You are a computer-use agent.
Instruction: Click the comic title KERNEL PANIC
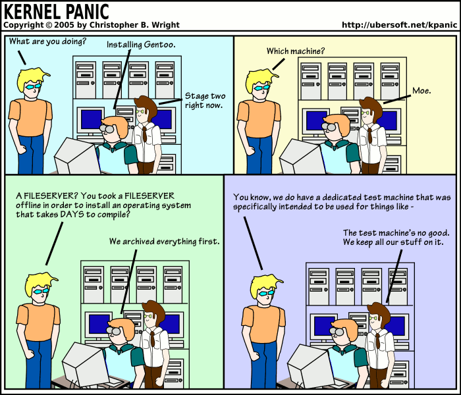pos(57,11)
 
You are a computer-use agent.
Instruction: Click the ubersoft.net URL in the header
pos(399,25)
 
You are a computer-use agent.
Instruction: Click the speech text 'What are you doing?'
pos(47,41)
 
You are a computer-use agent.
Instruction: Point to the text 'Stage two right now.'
pos(203,100)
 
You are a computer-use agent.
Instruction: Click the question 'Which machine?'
pos(295,51)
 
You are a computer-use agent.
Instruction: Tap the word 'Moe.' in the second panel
pos(421,90)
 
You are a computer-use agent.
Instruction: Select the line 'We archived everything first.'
pos(164,242)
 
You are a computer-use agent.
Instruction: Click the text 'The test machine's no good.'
pos(396,233)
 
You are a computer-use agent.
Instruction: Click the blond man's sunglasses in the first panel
pos(33,86)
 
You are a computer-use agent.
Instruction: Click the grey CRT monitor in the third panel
pos(83,364)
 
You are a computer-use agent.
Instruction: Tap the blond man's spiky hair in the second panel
pos(259,76)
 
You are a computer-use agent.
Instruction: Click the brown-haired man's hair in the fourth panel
pos(378,310)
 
